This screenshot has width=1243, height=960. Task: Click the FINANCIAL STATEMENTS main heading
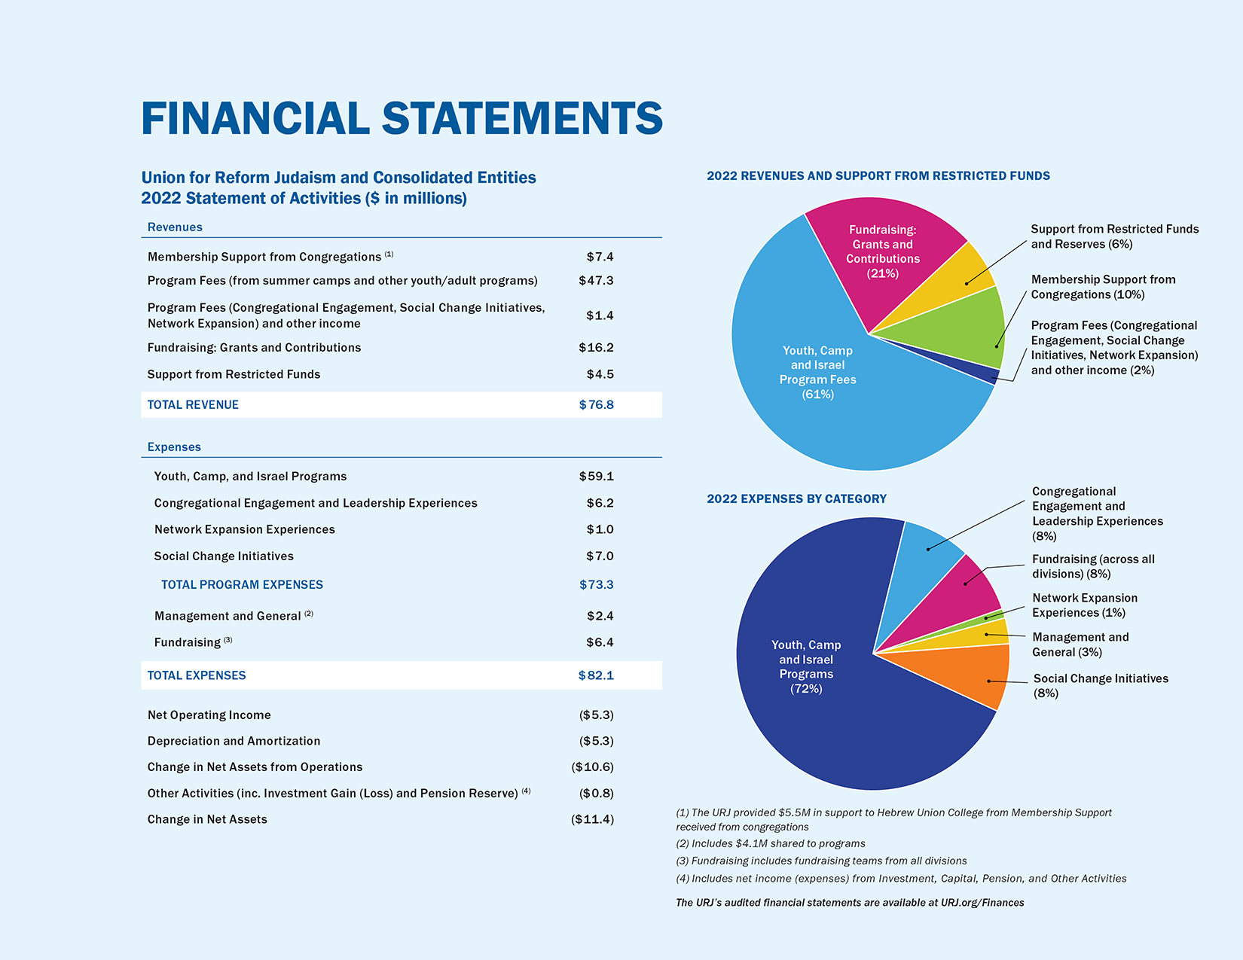pos(402,119)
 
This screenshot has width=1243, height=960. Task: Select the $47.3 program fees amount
pos(596,280)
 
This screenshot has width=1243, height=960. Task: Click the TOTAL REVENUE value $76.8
pos(596,404)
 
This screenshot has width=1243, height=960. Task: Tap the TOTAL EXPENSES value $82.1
pos(596,675)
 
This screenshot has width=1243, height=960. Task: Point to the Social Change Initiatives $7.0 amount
pos(600,556)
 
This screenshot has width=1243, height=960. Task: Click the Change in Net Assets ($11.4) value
pos(592,819)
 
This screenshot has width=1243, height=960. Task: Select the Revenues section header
pos(175,227)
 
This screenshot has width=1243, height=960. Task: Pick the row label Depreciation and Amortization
pos(234,741)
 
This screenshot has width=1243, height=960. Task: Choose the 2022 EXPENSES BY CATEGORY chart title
pos(796,498)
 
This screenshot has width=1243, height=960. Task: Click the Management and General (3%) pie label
pos(1080,645)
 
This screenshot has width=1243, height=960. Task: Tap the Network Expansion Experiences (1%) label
pos(1085,605)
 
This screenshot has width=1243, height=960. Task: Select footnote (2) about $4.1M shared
pos(771,843)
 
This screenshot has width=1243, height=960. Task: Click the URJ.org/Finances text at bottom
pos(982,902)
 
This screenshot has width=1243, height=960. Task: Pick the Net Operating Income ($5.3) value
pos(596,715)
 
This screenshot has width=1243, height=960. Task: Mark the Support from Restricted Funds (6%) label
pos(1114,236)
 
